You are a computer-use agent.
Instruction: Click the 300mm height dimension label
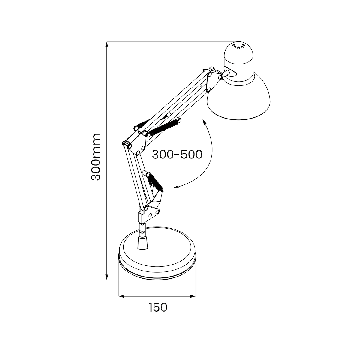(96, 157)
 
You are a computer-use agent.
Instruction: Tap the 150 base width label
(158, 307)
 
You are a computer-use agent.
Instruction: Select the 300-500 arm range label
(177, 154)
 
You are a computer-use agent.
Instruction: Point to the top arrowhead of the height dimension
(107, 44)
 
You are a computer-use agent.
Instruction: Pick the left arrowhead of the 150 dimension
(121, 296)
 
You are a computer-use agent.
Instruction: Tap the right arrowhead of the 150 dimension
(193, 296)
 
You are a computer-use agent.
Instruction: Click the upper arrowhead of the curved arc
(205, 122)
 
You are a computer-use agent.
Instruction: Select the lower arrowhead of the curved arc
(176, 187)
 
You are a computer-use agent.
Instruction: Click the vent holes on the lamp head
(238, 46)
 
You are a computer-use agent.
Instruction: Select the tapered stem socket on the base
(142, 243)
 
